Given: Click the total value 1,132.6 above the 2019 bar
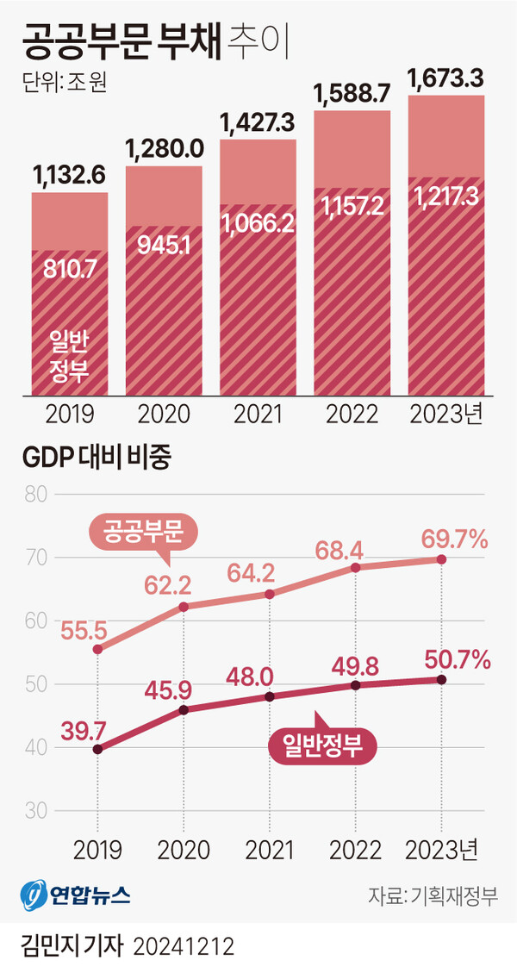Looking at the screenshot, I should pos(70,176).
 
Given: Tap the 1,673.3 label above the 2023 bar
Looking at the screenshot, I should pos(445,80).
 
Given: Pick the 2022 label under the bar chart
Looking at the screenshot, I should pos(352,415).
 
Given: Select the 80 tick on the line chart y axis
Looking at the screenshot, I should pos(34,496).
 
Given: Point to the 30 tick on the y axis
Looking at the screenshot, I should pos(34,811).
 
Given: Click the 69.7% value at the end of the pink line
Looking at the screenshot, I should pos(454,540).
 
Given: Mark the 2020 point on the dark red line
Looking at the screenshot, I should pos(184,709).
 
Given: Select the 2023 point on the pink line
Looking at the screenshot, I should pos(442,559).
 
